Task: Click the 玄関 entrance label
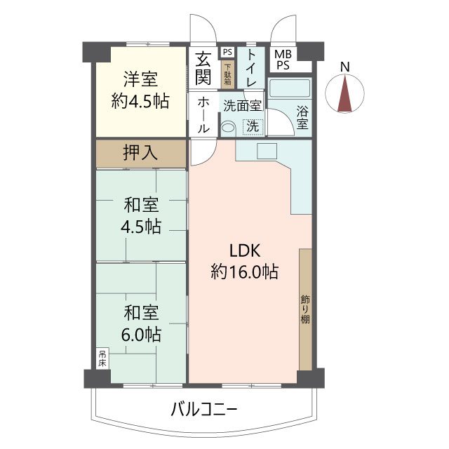(203, 68)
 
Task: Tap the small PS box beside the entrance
(227, 52)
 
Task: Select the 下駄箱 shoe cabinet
(228, 75)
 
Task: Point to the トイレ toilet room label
(251, 68)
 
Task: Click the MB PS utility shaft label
(283, 60)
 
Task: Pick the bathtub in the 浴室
(290, 88)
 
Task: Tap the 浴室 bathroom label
(302, 118)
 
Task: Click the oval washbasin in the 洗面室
(228, 127)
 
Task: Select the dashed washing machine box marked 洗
(253, 126)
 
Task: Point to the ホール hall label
(203, 114)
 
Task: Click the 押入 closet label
(140, 153)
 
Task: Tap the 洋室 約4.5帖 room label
(140, 91)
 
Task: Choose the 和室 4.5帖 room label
(141, 215)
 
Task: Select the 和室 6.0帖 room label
(141, 323)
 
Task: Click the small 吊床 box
(102, 358)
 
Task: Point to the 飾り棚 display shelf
(306, 309)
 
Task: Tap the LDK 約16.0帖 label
(245, 261)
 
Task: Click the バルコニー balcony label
(204, 410)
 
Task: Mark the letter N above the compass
(345, 67)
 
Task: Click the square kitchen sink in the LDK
(267, 151)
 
